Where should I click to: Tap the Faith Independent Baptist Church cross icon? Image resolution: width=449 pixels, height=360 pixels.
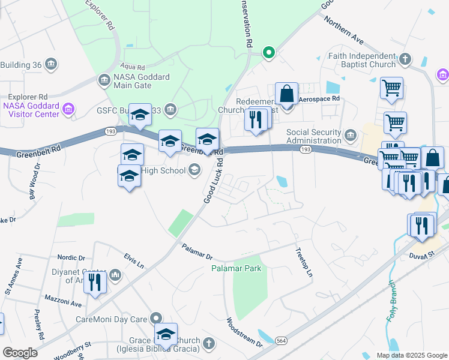tap(406, 59)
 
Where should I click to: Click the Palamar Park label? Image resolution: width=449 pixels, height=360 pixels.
tap(237, 268)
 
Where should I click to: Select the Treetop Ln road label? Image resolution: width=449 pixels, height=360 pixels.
tap(304, 262)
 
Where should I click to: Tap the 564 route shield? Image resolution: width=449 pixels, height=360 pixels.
tap(281, 341)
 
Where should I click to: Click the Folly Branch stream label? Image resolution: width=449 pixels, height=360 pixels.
tap(391, 300)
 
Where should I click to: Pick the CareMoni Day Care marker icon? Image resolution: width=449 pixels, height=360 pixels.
tap(157, 318)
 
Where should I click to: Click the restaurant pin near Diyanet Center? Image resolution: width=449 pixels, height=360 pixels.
tap(95, 281)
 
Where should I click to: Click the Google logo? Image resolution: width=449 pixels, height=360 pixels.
tap(20, 352)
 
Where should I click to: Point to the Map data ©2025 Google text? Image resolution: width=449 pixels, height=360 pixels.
tap(411, 355)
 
